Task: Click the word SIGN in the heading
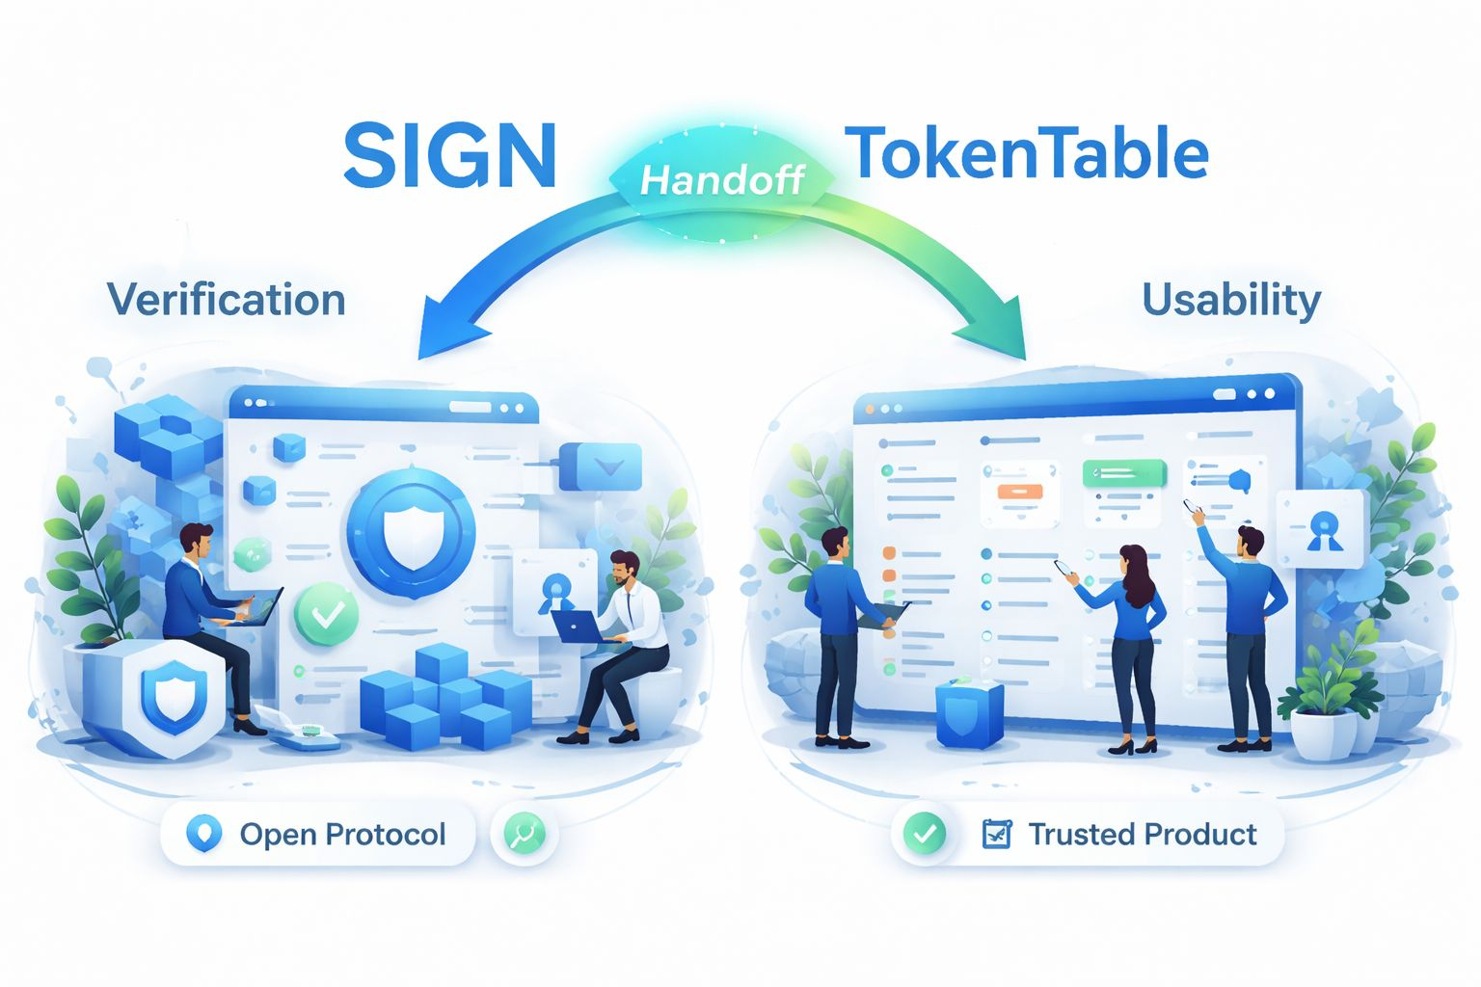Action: coord(450,156)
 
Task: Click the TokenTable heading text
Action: coord(1027,154)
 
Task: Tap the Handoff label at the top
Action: coord(722,179)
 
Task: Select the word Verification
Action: coord(227,300)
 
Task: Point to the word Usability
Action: coord(1231,300)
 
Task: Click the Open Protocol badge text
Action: coord(342,834)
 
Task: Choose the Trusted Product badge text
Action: coord(1143,834)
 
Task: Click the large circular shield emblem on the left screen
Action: coord(412,531)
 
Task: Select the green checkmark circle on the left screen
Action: coord(327,614)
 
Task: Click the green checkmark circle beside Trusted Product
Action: coord(925,833)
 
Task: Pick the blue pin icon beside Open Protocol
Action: coord(203,834)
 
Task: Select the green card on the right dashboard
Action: coord(1124,473)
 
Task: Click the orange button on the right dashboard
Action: coord(1020,492)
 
